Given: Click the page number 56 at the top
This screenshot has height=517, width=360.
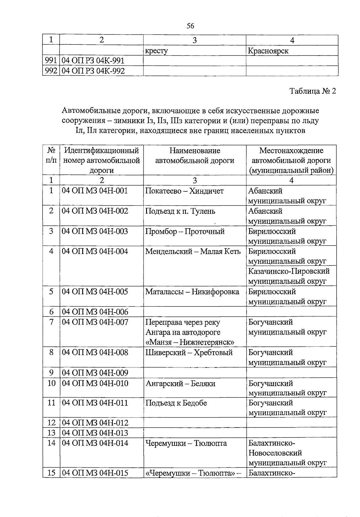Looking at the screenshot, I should pos(190,26).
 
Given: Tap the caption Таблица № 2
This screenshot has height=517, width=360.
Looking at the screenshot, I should pos(313,91).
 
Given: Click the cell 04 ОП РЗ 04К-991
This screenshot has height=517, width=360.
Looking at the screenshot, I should pos(93,61).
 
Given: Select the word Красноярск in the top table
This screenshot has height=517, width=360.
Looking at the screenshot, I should pos(268,51).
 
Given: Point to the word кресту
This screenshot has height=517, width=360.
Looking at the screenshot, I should pos(156,51).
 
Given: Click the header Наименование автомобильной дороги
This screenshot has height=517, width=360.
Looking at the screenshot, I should pos(195,156).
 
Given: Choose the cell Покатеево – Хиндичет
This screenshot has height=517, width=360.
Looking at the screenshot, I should pos(184,191).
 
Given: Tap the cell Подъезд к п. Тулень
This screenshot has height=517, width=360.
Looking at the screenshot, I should pos(180,211).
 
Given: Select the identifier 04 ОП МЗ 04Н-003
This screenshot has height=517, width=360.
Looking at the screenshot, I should pos(95,231).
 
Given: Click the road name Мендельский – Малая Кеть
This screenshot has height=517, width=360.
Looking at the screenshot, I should pos(193,251).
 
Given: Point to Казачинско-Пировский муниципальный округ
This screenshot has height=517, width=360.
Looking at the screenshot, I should pos(289,276).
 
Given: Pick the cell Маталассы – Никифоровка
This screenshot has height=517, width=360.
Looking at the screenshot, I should pos(192,292).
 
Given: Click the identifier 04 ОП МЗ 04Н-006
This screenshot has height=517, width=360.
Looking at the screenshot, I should pos(95,312).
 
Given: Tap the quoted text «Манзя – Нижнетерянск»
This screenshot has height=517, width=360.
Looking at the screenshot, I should pos(190,342).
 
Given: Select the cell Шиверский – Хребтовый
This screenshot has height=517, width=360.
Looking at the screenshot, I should pos(189,352).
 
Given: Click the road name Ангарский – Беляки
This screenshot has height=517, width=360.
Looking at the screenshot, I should pos(180,383).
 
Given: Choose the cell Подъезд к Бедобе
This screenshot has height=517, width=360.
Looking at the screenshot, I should pos(176,403).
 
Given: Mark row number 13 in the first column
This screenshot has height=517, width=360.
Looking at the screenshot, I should pos(51,433).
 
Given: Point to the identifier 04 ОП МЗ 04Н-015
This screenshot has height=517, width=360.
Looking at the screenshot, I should pos(95,473).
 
